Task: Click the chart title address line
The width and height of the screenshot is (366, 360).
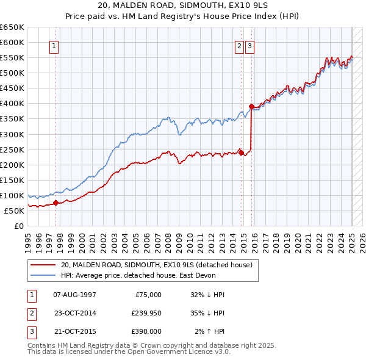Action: click(183, 5)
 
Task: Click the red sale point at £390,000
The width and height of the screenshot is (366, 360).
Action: click(251, 107)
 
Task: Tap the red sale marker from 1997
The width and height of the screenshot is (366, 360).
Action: click(56, 203)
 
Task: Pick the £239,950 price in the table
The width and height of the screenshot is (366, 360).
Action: click(146, 313)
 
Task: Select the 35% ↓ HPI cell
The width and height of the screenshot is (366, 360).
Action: click(208, 313)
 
